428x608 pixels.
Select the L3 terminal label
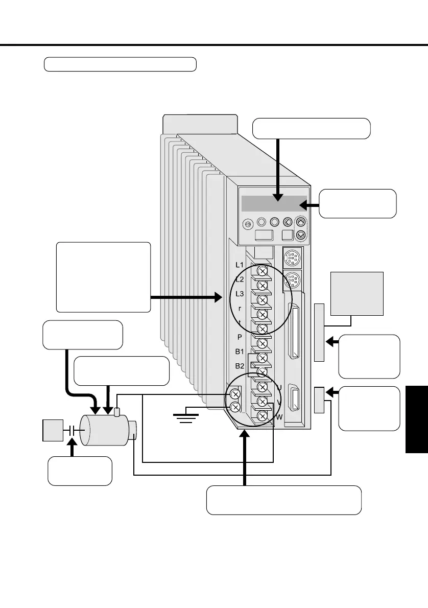pos(240,294)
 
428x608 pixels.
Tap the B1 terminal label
pos(240,352)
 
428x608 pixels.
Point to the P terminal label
pos(240,337)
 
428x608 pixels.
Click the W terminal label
pos(279,417)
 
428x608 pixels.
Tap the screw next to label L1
pos(263,270)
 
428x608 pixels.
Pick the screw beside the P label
pos(263,343)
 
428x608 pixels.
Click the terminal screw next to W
pos(263,416)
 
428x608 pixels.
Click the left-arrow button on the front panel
pos(288,222)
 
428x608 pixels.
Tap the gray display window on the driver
pos(275,203)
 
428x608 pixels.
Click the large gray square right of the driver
pos(357,294)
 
